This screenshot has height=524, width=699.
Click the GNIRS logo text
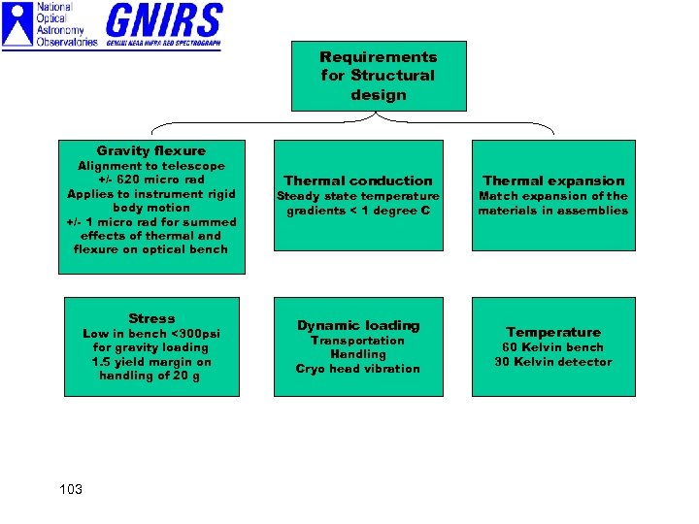[x=164, y=21]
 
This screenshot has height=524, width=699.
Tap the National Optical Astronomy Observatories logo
[x=50, y=25]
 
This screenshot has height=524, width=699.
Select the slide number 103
[x=71, y=488]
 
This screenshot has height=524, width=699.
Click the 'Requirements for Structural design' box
[x=379, y=76]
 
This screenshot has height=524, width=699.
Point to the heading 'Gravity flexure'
[x=151, y=150]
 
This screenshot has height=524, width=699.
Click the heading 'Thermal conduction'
[x=357, y=180]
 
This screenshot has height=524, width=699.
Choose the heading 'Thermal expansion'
[x=553, y=180]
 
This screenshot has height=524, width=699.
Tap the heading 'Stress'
[x=151, y=318]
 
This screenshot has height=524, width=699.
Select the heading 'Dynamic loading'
[x=357, y=325]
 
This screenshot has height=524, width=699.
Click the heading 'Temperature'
[x=553, y=332]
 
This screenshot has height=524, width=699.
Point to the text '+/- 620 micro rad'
[x=151, y=180]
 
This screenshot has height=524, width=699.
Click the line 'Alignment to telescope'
[x=151, y=166]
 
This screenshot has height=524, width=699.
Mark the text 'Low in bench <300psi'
[x=151, y=334]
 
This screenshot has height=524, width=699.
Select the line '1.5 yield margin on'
[x=151, y=362]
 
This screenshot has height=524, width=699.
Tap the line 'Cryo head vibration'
[x=357, y=369]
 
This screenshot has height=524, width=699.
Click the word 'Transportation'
[x=357, y=341]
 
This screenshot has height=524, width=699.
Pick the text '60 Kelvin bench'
[x=553, y=347]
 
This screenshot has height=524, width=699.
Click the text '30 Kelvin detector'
[x=553, y=362]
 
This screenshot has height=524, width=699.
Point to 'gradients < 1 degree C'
[x=357, y=211]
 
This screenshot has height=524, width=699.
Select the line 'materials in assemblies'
[x=553, y=211]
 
